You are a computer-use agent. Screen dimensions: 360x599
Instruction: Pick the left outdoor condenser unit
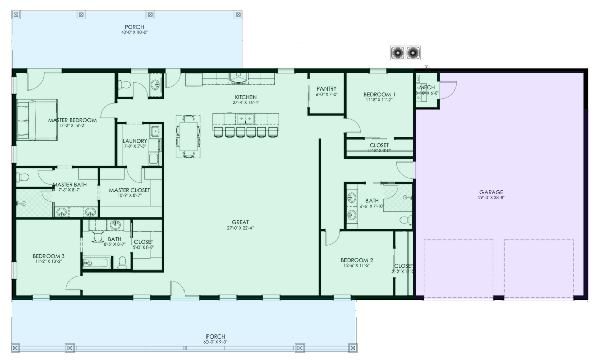(x=398, y=52)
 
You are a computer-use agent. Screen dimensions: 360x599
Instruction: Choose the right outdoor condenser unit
(x=413, y=52)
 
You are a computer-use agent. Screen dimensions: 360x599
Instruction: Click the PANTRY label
(x=326, y=88)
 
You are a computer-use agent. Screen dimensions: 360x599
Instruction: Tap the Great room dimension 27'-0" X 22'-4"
(x=240, y=228)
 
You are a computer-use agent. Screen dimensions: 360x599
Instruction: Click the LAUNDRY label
(x=135, y=141)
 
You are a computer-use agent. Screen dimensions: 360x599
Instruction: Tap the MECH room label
(x=427, y=88)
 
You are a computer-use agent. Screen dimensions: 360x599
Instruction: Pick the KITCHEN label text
(x=245, y=97)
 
